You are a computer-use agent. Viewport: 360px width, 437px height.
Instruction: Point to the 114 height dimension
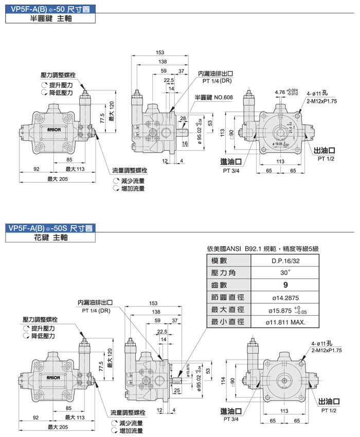click(x=223, y=381)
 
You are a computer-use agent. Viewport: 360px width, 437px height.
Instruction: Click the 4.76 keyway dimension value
click(x=280, y=92)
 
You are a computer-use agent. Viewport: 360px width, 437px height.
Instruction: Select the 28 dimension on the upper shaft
click(x=183, y=119)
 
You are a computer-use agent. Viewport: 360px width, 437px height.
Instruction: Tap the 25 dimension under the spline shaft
click(x=177, y=391)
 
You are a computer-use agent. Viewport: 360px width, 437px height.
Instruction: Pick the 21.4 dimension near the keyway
click(x=291, y=129)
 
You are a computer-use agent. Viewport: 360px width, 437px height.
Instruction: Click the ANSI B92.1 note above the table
click(x=262, y=248)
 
